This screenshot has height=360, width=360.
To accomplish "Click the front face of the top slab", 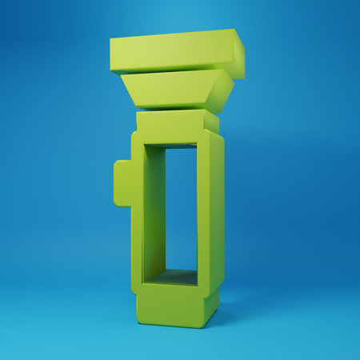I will pos(172,52).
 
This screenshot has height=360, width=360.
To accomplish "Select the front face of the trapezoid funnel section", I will pos(168,89).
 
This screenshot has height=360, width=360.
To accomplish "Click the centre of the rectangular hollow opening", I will pos(182,210).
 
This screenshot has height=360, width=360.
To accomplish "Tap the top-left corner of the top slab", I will pos(111,38).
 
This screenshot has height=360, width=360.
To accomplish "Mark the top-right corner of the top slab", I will pos(234,30).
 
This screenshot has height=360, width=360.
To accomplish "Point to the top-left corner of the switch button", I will pos(116,162).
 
